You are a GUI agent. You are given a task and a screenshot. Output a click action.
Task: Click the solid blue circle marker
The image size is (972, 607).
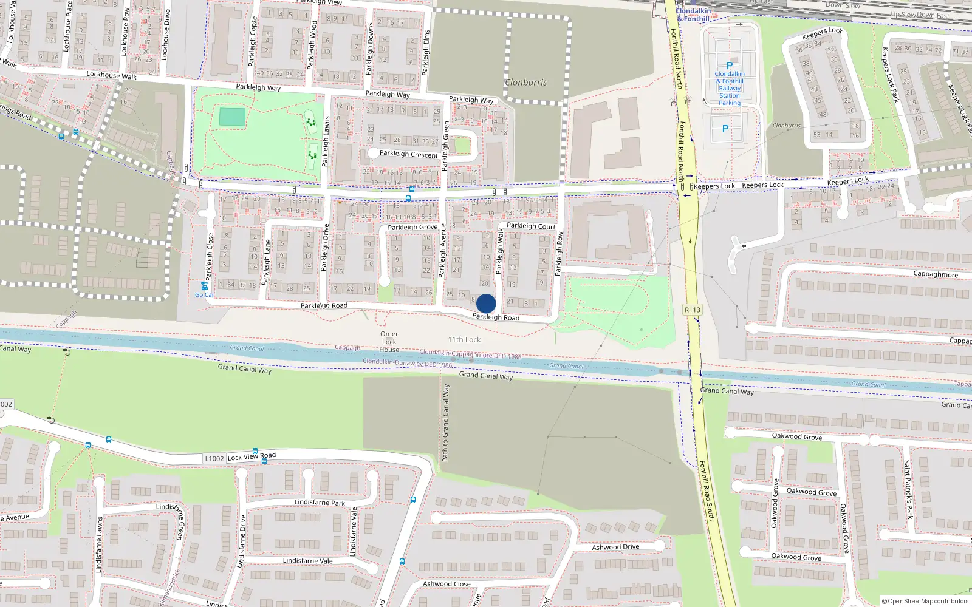[486, 303]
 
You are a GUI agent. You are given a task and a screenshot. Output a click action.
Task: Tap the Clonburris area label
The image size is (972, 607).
[526, 83]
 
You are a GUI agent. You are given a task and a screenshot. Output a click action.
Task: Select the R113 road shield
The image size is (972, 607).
[693, 310]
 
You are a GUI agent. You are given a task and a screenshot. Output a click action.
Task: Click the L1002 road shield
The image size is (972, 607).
[214, 459]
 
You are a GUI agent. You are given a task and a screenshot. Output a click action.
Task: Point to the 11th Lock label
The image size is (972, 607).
[464, 340]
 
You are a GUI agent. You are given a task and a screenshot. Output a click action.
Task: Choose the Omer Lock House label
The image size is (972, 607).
[389, 342]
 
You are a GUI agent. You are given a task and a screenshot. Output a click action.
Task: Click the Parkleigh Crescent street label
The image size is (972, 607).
[408, 154]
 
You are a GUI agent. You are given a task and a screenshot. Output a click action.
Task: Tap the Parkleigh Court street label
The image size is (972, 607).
[531, 226]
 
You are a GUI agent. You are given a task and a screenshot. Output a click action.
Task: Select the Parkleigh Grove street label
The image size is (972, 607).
[412, 227]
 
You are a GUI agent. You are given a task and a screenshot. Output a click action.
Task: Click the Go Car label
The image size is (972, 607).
[205, 295]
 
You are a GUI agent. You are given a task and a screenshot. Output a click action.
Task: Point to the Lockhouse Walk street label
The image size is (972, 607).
[112, 75]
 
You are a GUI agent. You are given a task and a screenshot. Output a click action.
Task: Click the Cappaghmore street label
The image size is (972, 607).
[936, 274]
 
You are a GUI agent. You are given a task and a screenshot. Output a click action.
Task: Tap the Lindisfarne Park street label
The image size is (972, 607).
[320, 503]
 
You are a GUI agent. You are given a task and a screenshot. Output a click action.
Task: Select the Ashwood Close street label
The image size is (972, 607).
[447, 584]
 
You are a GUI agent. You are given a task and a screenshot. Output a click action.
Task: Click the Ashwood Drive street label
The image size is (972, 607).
[615, 547]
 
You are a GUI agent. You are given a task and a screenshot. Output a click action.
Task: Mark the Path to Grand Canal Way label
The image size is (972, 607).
[445, 422]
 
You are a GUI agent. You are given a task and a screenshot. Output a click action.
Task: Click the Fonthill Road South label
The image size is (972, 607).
[707, 490]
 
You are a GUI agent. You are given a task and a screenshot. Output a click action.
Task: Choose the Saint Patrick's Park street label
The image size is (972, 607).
[908, 489]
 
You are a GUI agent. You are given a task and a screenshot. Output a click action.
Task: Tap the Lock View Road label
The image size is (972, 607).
[252, 456]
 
